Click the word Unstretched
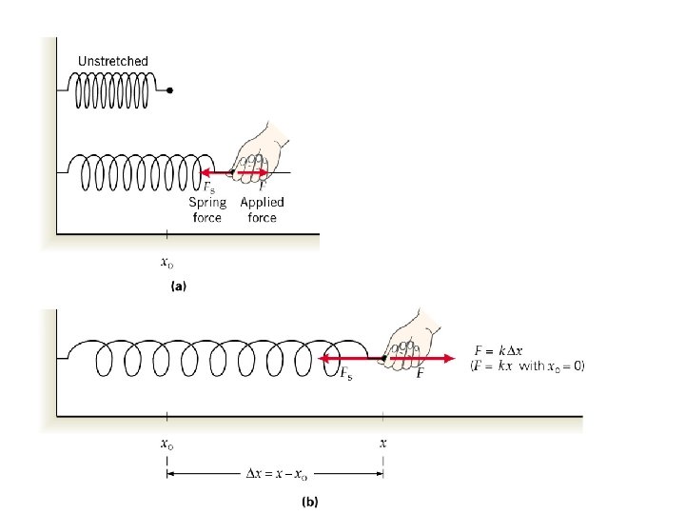click(x=112, y=61)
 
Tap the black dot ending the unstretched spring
click(x=169, y=91)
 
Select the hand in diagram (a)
click(x=258, y=153)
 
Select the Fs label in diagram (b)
click(x=346, y=376)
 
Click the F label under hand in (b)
click(x=420, y=376)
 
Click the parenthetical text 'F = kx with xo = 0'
click(x=527, y=365)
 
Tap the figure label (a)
click(x=178, y=285)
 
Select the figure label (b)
click(x=310, y=500)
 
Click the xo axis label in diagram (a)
click(x=167, y=262)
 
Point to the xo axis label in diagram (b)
click(x=167, y=443)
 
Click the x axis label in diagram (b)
click(x=383, y=443)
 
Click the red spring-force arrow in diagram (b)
click(x=350, y=360)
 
